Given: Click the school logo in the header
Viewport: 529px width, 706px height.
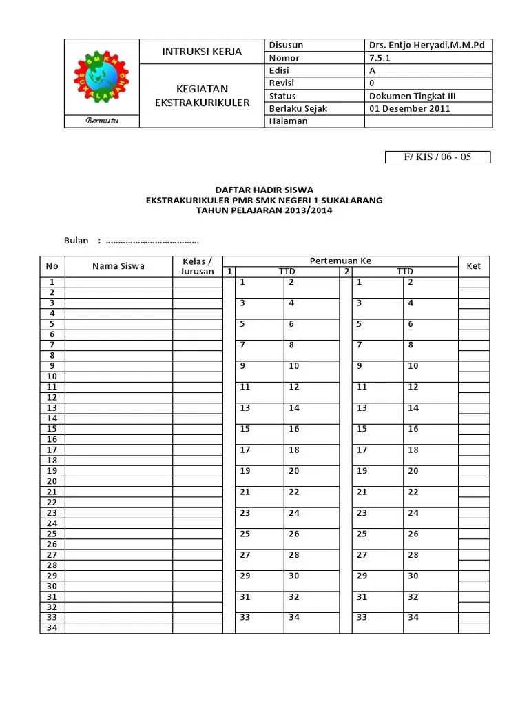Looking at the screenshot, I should (x=101, y=77).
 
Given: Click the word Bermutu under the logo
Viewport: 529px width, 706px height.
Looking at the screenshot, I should (x=102, y=121).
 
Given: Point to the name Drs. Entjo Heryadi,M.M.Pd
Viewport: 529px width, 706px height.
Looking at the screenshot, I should (x=427, y=46).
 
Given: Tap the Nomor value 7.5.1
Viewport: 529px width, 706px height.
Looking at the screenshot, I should (x=380, y=59).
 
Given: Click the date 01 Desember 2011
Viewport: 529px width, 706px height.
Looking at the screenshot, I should (x=409, y=108).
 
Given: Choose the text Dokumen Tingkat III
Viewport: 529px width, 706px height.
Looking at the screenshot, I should (x=412, y=96).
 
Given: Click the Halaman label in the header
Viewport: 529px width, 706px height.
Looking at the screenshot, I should (x=289, y=121).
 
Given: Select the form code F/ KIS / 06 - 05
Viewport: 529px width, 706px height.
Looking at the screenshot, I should (x=437, y=157).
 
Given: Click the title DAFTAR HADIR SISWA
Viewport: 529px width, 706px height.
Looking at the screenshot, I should (x=264, y=190).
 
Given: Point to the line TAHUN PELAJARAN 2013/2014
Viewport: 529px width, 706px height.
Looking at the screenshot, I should (x=264, y=210).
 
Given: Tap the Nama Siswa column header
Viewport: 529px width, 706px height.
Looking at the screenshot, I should (x=118, y=266).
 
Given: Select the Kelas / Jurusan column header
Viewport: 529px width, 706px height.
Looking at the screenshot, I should (x=198, y=266).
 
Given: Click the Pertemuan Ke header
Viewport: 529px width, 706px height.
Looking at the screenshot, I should (x=340, y=261).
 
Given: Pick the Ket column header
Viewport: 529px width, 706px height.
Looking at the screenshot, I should (x=474, y=266).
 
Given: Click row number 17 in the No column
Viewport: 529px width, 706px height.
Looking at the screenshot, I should (x=52, y=450).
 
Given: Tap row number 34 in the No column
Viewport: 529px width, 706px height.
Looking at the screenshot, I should (x=52, y=628).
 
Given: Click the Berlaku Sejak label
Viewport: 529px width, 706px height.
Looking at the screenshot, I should (x=298, y=108).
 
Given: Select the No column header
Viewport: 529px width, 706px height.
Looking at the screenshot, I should (x=52, y=266).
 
